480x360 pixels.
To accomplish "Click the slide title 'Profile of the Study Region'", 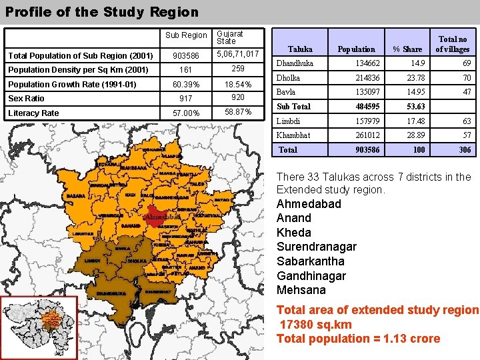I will [102, 12].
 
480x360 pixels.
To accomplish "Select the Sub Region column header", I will [186, 35].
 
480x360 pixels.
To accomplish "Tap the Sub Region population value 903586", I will [186, 56].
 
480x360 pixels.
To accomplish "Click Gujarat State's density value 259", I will [237, 69].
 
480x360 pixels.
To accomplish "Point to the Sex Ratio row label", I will [26, 99].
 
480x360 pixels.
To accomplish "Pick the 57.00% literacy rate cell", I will [186, 113].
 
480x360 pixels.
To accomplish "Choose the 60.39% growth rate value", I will [186, 85].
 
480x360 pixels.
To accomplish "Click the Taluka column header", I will [300, 49].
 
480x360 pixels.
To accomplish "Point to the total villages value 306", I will [464, 150].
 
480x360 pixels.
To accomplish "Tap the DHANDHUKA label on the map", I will [111, 293].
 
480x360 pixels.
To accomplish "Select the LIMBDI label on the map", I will [93, 261].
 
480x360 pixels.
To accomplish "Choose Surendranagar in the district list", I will [316, 247].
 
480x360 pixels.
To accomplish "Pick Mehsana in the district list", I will [301, 290].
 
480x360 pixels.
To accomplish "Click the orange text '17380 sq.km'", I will [316, 324].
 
